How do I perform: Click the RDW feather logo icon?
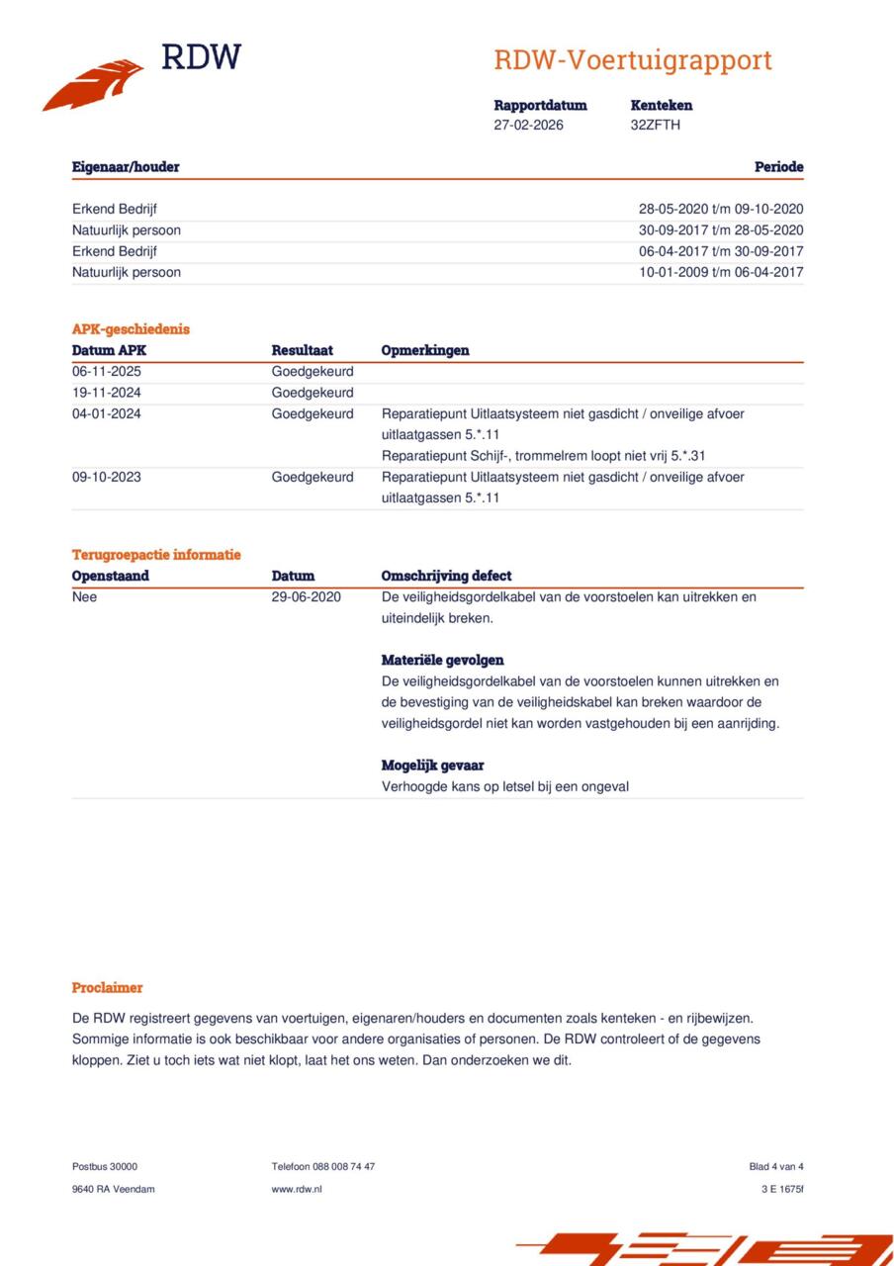click(93, 85)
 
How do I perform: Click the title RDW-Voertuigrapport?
click(633, 60)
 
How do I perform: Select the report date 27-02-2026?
click(528, 125)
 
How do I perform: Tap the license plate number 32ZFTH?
click(655, 125)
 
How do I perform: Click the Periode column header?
click(778, 167)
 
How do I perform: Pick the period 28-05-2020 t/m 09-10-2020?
click(720, 209)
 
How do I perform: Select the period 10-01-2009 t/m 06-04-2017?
click(720, 272)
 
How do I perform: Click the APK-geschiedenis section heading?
click(131, 329)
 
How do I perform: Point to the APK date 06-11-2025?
click(107, 372)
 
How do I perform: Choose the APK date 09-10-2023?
click(107, 477)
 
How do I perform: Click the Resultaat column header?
click(302, 350)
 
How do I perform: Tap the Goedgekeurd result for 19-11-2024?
click(312, 393)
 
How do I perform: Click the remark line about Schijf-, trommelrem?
click(543, 456)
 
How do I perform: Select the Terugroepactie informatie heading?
click(156, 555)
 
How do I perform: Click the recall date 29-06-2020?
click(306, 596)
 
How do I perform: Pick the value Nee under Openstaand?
click(85, 596)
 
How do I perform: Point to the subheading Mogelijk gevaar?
click(432, 766)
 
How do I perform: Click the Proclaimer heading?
click(107, 987)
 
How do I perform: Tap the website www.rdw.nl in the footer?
click(297, 1189)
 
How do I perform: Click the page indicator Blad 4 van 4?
click(775, 1166)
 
